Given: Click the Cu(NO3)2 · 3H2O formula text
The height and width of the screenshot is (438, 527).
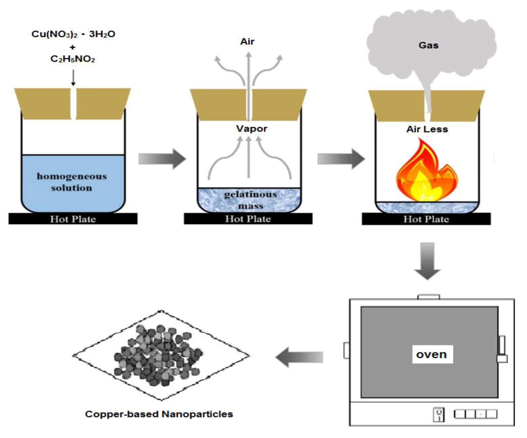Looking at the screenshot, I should pos(73,34).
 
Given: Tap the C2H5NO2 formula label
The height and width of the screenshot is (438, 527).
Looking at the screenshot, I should pos(73,59).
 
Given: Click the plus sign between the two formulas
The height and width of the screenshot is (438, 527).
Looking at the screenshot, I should pos(72,47).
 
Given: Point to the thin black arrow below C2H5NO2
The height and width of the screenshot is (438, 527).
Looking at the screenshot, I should pos(73,78).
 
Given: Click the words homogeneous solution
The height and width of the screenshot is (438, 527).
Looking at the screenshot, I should pos(72,182).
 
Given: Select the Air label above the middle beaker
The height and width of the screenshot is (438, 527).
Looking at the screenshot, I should pos(247,42).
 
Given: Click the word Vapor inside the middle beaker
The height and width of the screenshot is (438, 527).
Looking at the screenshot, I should pos(251,129).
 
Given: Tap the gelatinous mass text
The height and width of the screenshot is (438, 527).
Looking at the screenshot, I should pos(250,200).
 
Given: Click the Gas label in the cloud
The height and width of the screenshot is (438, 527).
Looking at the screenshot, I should pos(428,45).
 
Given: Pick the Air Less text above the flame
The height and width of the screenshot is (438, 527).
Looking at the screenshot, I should pos(427,129).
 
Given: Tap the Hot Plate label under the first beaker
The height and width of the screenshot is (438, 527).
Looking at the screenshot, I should pos(73,219).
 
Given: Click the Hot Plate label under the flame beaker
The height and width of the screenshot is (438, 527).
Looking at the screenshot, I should pos(426,219).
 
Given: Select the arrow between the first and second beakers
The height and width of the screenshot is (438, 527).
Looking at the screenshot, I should pos(162,159).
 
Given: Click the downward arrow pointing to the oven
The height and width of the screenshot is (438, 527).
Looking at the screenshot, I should pos(427,261).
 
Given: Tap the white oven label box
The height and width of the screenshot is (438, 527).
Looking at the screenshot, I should pos(432,354).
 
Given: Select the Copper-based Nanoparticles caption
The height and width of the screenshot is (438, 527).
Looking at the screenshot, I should pos(159,414).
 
